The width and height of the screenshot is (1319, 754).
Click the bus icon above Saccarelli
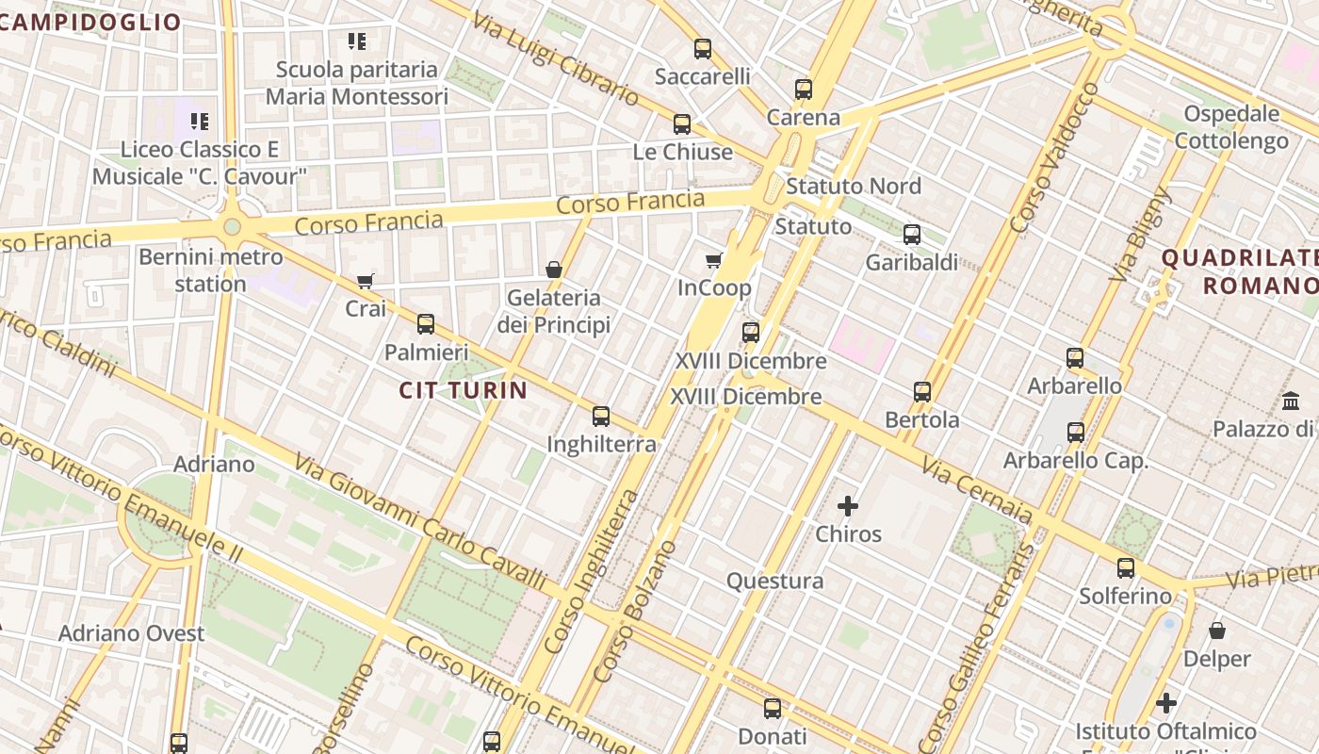[702, 49]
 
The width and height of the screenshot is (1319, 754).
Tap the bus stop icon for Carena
[803, 90]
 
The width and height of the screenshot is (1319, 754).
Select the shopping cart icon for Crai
[366, 281]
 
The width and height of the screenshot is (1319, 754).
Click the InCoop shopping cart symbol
[714, 260]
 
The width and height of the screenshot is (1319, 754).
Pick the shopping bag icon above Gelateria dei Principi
[554, 270]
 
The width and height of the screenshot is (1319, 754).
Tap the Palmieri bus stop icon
[426, 324]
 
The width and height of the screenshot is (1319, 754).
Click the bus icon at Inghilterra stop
[601, 416]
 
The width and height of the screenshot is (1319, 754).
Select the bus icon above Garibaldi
[911, 235]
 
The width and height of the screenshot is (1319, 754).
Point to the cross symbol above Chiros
[848, 506]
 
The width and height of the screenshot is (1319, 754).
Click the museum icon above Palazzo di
[1291, 401]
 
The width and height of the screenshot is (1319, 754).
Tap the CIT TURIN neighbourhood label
[463, 390]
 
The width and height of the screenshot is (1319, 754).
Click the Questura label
[774, 581]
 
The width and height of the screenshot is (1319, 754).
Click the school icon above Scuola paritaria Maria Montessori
[356, 41]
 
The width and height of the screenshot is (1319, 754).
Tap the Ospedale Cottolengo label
[1231, 127]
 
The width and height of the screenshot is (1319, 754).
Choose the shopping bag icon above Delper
[1216, 631]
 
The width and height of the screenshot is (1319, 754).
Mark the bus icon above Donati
[772, 709]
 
